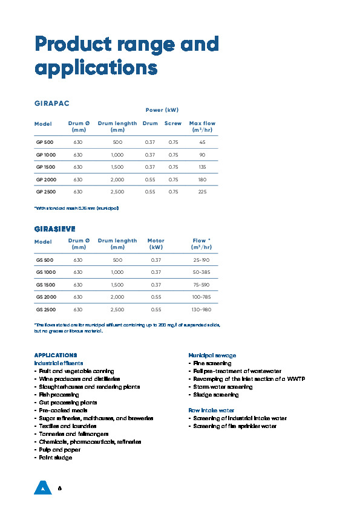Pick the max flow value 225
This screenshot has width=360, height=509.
click(x=202, y=192)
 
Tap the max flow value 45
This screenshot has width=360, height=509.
click(x=202, y=142)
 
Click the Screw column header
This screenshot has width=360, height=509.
click(x=172, y=123)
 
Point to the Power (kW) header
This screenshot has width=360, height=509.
click(x=162, y=110)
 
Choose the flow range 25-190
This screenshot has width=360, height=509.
click(x=201, y=260)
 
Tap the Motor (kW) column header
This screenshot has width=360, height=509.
click(x=156, y=244)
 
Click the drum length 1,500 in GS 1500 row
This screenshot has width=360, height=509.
click(x=117, y=285)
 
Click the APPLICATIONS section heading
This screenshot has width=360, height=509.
click(x=56, y=355)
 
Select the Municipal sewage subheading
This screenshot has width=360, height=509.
click(x=212, y=355)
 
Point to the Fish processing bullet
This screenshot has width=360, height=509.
click(x=58, y=394)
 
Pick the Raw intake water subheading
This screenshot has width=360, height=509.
click(x=212, y=410)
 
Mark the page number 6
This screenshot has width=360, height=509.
click(x=59, y=487)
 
